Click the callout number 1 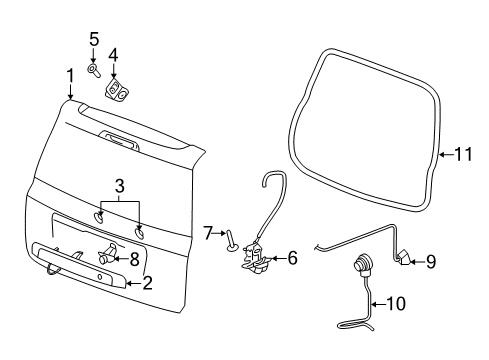pyautogui.click(x=69, y=75)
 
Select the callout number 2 pyautogui.click(x=146, y=283)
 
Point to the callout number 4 pyautogui.click(x=113, y=56)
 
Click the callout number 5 pyautogui.click(x=93, y=40)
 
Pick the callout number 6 pyautogui.click(x=292, y=258)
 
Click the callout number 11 pyautogui.click(x=462, y=154)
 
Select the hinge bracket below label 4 pyautogui.click(x=119, y=92)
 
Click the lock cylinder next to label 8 pyautogui.click(x=106, y=256)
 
